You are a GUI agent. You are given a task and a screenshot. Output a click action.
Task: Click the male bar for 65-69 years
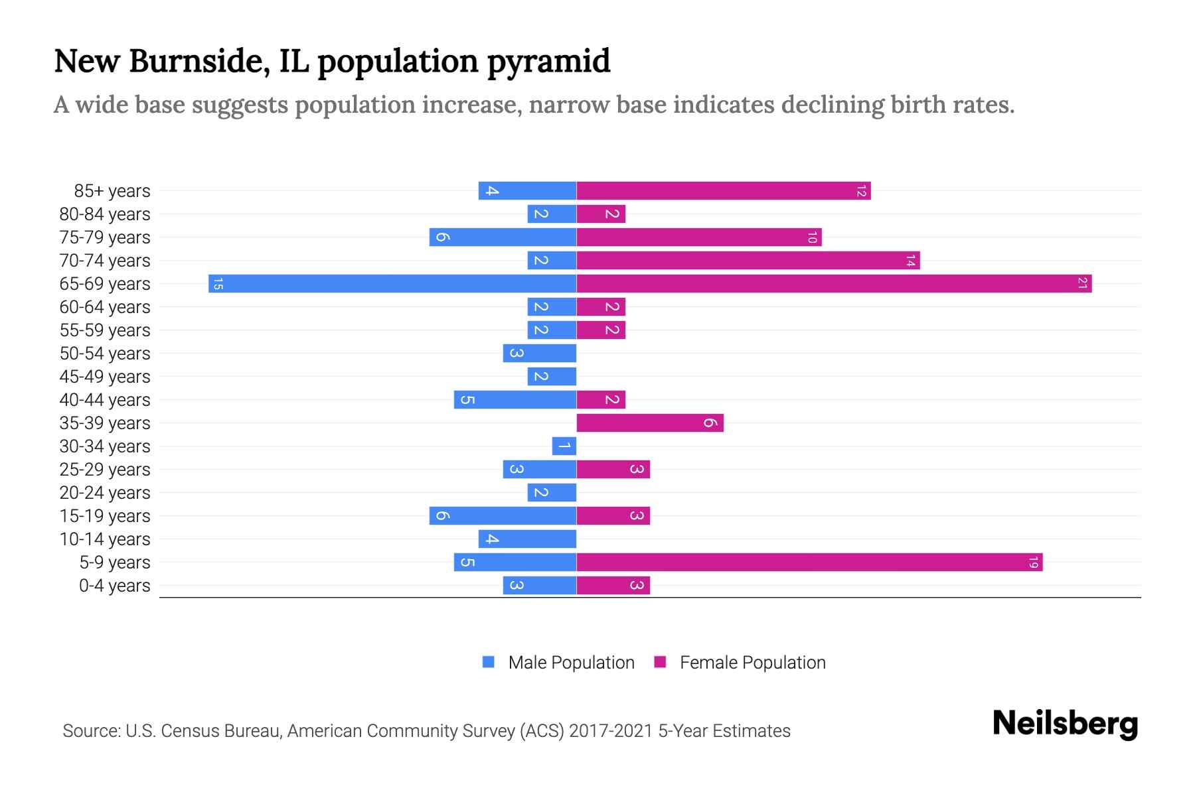[392, 284]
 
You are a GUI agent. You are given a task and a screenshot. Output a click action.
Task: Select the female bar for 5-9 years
[809, 563]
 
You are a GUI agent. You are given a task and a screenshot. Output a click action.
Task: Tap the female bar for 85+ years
[723, 191]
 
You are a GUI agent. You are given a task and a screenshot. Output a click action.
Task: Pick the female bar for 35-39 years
[649, 423]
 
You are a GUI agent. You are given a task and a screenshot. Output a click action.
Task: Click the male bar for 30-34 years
[564, 446]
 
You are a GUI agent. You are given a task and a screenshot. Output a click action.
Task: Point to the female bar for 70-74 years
[748, 261]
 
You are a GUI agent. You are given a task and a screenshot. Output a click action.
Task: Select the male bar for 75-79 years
[503, 237]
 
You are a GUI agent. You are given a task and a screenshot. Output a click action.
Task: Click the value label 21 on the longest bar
[1082, 284]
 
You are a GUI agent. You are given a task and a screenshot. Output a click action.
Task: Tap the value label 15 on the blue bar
[218, 284]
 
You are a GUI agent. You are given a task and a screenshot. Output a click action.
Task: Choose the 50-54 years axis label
[105, 354]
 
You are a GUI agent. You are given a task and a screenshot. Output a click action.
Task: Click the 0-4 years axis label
[114, 586]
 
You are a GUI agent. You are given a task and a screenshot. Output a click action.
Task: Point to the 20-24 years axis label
[105, 493]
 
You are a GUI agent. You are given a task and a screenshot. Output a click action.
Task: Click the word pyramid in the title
[548, 61]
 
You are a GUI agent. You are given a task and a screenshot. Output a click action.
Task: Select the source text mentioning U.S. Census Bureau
[426, 731]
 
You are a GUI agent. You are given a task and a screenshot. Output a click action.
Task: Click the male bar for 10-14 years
[527, 539]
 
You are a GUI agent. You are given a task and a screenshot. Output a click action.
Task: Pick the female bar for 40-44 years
[601, 400]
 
